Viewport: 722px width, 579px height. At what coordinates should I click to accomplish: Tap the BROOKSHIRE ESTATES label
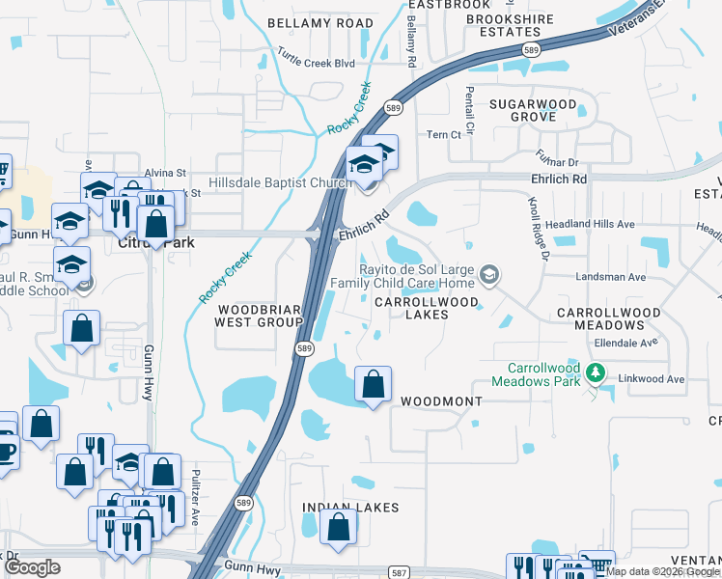click(x=510, y=25)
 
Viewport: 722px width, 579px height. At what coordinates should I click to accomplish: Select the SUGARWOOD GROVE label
click(x=533, y=110)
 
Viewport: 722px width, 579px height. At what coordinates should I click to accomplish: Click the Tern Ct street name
click(x=444, y=135)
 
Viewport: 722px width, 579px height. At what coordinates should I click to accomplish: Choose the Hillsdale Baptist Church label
click(x=281, y=182)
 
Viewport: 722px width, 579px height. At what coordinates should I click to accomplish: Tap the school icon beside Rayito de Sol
click(x=489, y=277)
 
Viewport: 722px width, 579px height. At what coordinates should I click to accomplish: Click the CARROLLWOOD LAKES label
click(x=426, y=308)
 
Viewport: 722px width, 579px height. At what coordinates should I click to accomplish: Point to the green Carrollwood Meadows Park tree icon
click(x=597, y=372)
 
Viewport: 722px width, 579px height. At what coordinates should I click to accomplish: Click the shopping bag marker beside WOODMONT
click(x=373, y=385)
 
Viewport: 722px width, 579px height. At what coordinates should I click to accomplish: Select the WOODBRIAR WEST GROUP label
click(x=259, y=316)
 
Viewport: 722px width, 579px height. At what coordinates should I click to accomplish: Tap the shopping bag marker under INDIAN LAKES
click(x=337, y=529)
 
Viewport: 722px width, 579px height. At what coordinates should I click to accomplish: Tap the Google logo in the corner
click(x=33, y=567)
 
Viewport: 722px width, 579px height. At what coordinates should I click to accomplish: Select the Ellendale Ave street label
click(x=625, y=343)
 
